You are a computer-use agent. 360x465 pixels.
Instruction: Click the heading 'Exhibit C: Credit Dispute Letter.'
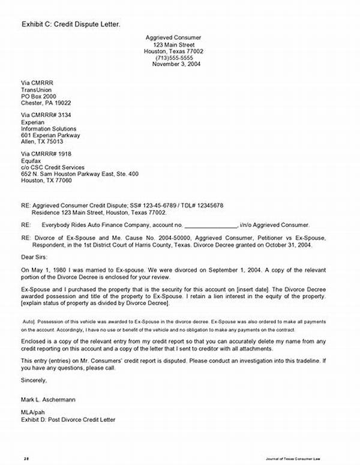[71, 24]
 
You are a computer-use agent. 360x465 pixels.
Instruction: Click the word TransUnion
[38, 89]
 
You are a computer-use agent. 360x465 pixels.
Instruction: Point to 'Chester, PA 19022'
[47, 103]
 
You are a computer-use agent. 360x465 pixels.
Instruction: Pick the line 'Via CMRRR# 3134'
[46, 114]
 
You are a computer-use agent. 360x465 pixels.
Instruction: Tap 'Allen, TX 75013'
[42, 142]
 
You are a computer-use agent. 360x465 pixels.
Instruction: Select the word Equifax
[32, 160]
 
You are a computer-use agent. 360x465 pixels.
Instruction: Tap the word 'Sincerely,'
[34, 380]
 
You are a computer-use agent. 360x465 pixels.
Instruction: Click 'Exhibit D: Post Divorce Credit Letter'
[68, 420]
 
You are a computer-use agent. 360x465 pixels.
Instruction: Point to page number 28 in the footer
[27, 458]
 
